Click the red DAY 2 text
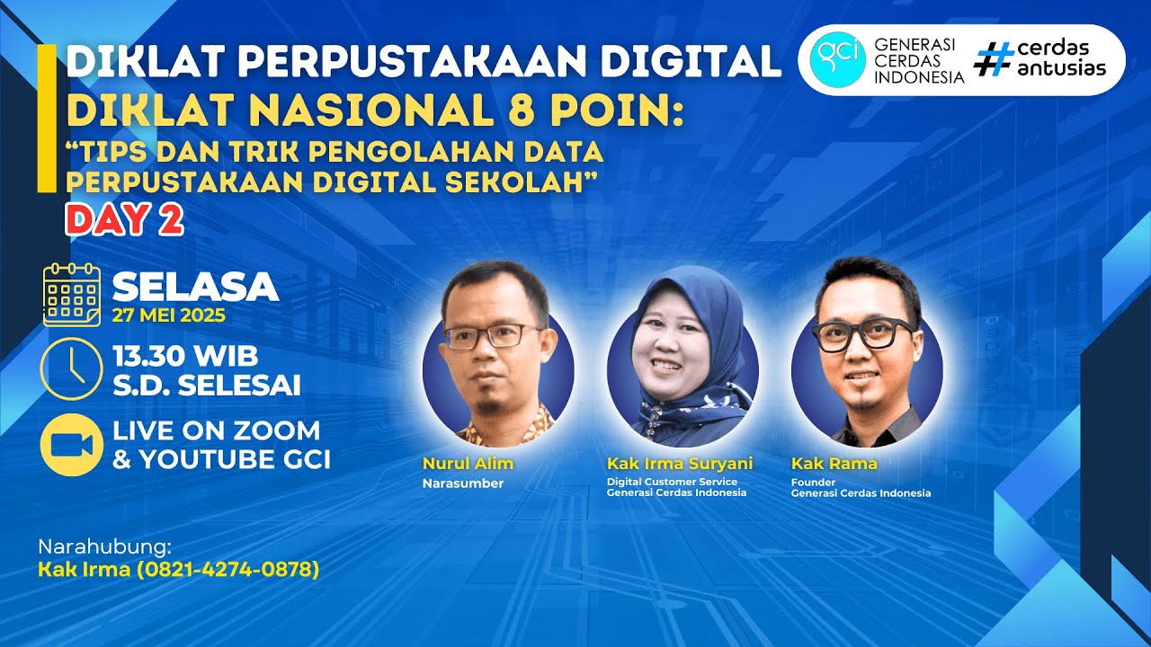pos(125,220)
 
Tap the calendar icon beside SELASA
pos(72,296)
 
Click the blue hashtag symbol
pos(993,59)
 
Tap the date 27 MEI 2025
pos(169,316)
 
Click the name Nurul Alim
pos(468,464)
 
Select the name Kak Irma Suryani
pos(680,464)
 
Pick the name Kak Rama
pos(834,464)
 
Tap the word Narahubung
pos(103,547)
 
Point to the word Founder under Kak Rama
pos(807,482)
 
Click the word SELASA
pos(195,287)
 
